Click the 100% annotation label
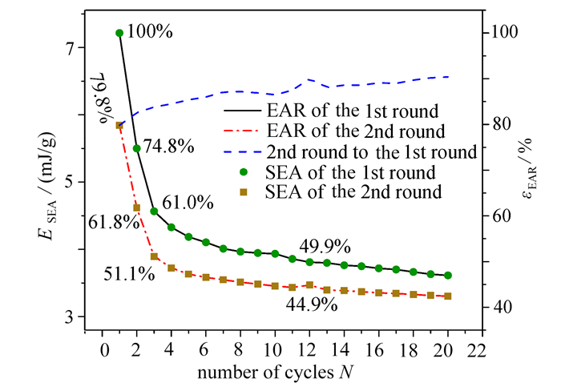click(x=150, y=32)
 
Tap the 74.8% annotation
click(x=169, y=147)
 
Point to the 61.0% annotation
click(x=188, y=203)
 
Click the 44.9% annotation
click(x=312, y=304)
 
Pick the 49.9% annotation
click(x=325, y=246)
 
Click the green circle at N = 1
click(x=119, y=34)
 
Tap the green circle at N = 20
click(x=447, y=276)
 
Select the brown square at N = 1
click(x=119, y=125)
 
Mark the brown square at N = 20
click(x=447, y=296)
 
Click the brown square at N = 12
click(x=310, y=285)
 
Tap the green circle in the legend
click(x=244, y=172)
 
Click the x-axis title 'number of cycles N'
click(x=276, y=373)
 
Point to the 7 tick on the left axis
click(x=69, y=47)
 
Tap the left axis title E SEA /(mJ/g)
click(x=47, y=186)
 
